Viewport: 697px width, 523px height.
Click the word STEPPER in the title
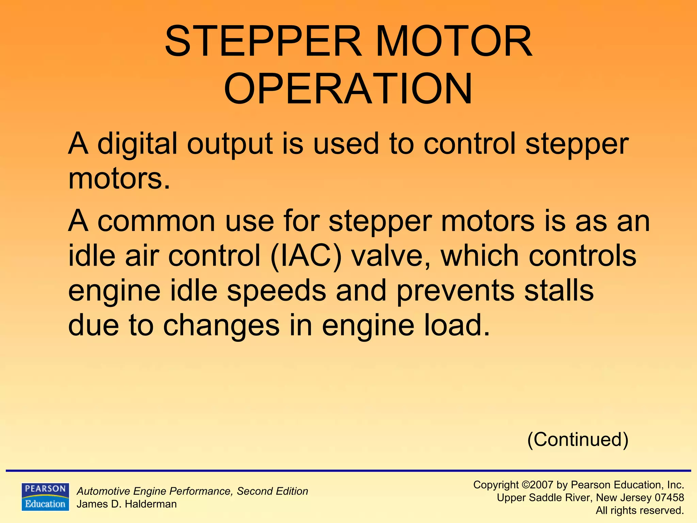pyautogui.click(x=262, y=42)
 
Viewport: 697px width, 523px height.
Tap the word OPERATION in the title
pyautogui.click(x=348, y=89)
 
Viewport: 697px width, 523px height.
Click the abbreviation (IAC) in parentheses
pyautogui.click(x=306, y=256)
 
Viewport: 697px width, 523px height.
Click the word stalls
pyautogui.click(x=558, y=290)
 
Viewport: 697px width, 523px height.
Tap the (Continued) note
pyautogui.click(x=578, y=440)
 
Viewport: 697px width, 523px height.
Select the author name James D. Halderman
pyautogui.click(x=127, y=504)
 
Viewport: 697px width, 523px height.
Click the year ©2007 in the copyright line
pyautogui.click(x=538, y=485)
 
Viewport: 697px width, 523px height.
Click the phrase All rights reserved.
pyautogui.click(x=639, y=510)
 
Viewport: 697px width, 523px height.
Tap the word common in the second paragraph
pyautogui.click(x=157, y=221)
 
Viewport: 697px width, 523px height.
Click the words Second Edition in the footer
pyautogui.click(x=272, y=491)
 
